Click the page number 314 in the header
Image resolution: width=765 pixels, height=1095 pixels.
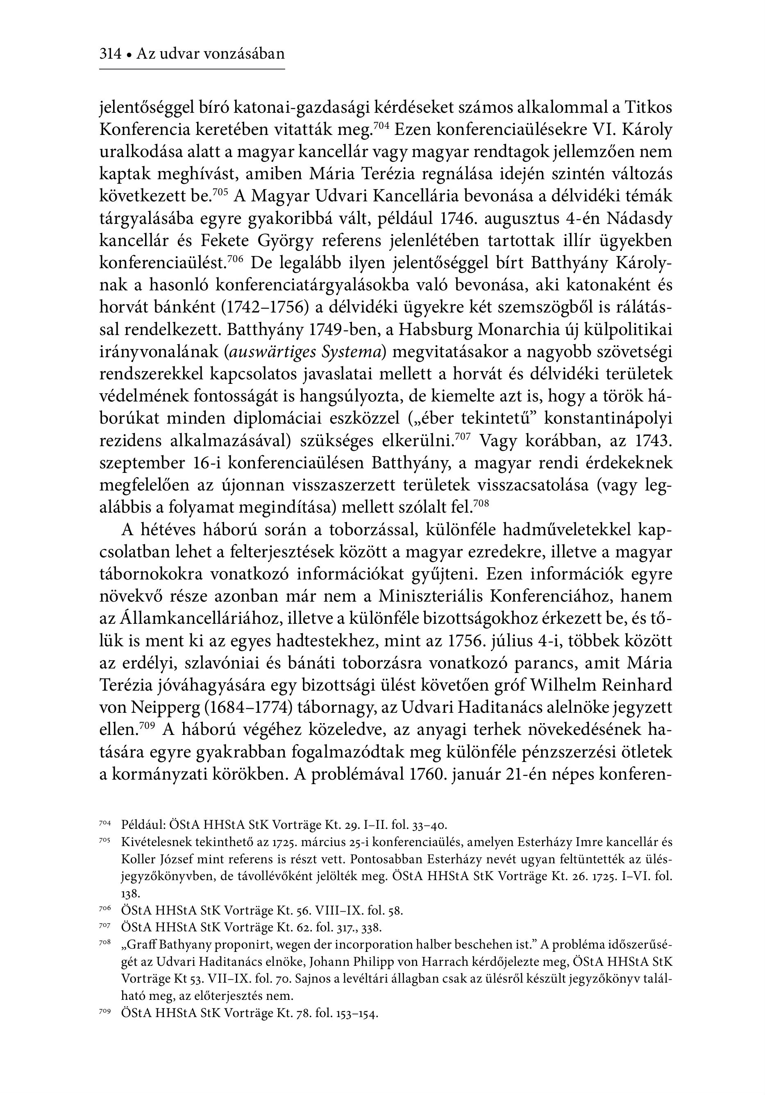(110, 54)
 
